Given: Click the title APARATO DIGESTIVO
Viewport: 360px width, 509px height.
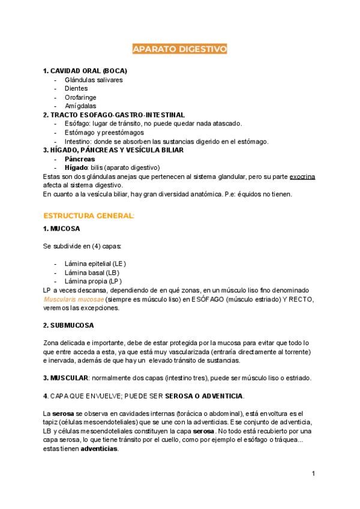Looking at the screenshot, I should [x=179, y=49].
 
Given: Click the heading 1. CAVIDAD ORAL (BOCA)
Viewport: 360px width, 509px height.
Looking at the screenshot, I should [x=85, y=71].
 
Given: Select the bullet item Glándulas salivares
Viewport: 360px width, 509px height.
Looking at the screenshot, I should [x=94, y=80].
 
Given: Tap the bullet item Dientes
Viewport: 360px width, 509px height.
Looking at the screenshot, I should [x=76, y=88].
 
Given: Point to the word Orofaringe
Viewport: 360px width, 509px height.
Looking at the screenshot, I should [x=80, y=97].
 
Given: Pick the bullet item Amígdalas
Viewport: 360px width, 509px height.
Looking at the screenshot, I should [x=80, y=106].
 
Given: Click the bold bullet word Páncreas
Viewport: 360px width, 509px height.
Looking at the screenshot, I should [x=80, y=159].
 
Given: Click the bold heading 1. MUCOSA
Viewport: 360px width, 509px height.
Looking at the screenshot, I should [x=62, y=229].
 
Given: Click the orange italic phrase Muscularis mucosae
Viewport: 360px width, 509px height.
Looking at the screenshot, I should [x=74, y=299].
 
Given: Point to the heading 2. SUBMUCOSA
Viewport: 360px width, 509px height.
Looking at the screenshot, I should [x=68, y=325].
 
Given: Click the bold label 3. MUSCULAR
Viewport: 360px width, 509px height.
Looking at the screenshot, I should [x=65, y=378].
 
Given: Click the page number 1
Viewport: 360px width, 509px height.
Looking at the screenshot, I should [x=313, y=474].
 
